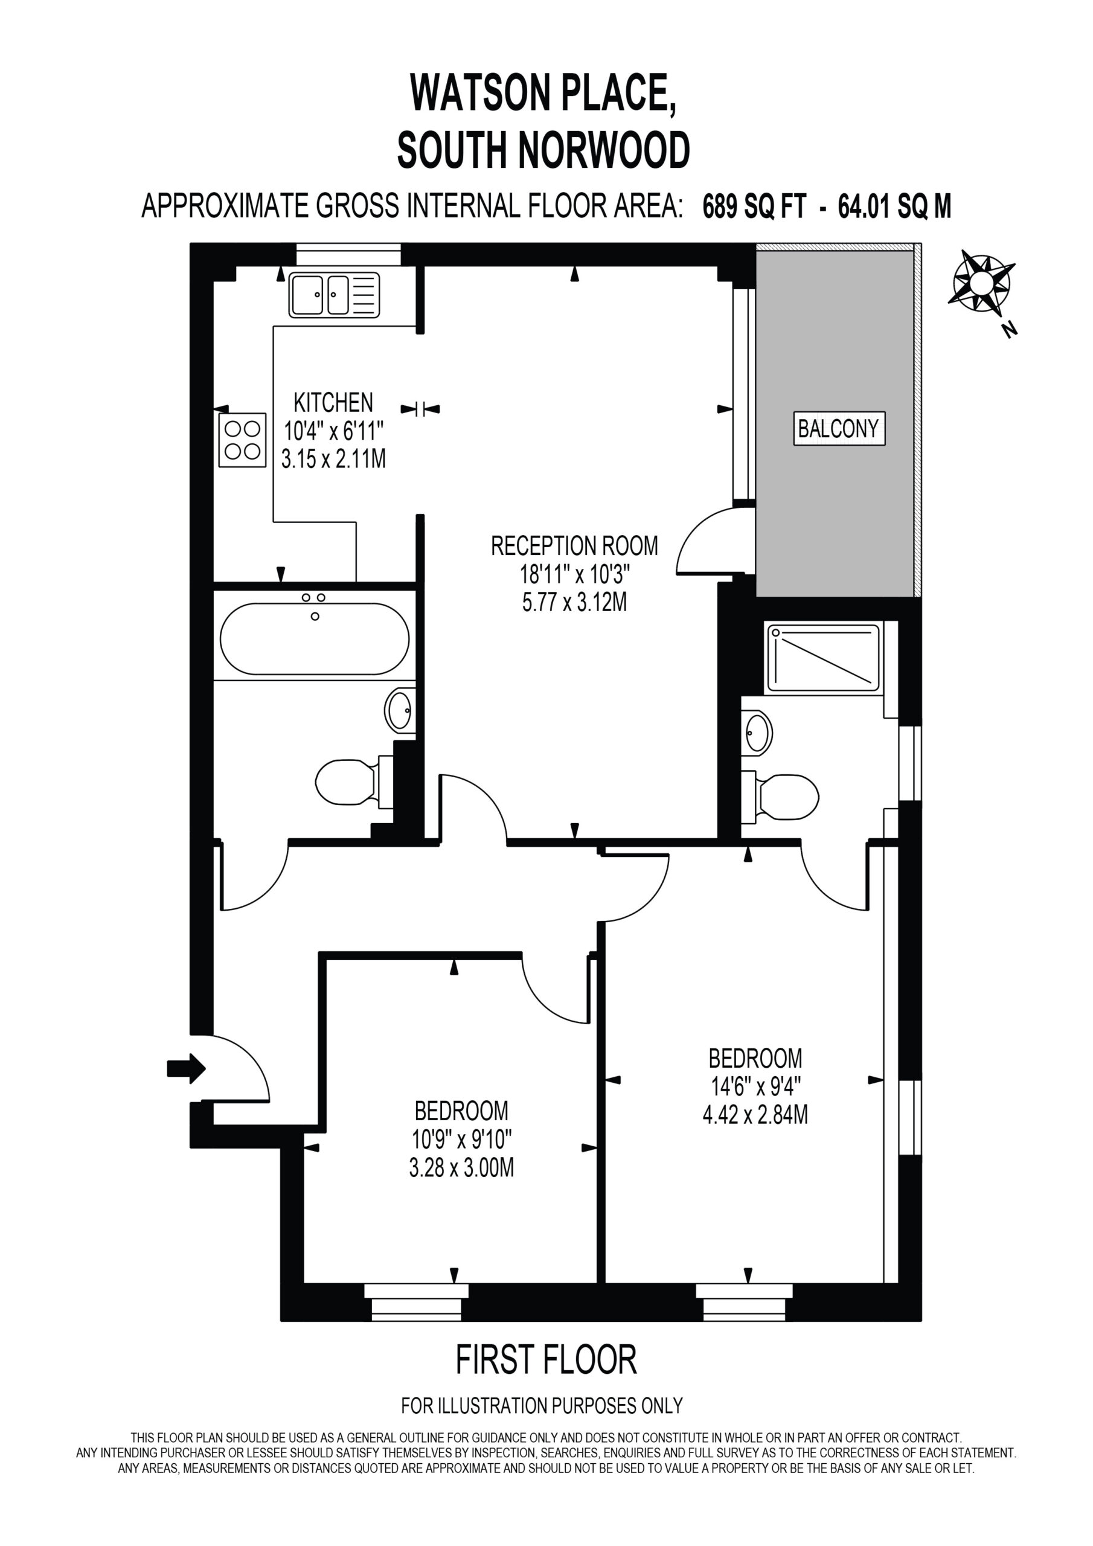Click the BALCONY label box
click(x=838, y=428)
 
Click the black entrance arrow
click(x=187, y=1068)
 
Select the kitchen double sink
click(x=334, y=295)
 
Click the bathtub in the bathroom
click(x=315, y=638)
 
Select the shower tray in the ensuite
click(x=822, y=658)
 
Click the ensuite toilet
click(x=780, y=798)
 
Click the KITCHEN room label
click(x=333, y=403)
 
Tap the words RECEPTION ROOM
click(x=574, y=545)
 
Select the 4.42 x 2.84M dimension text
click(x=755, y=1114)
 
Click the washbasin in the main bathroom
click(x=400, y=710)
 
